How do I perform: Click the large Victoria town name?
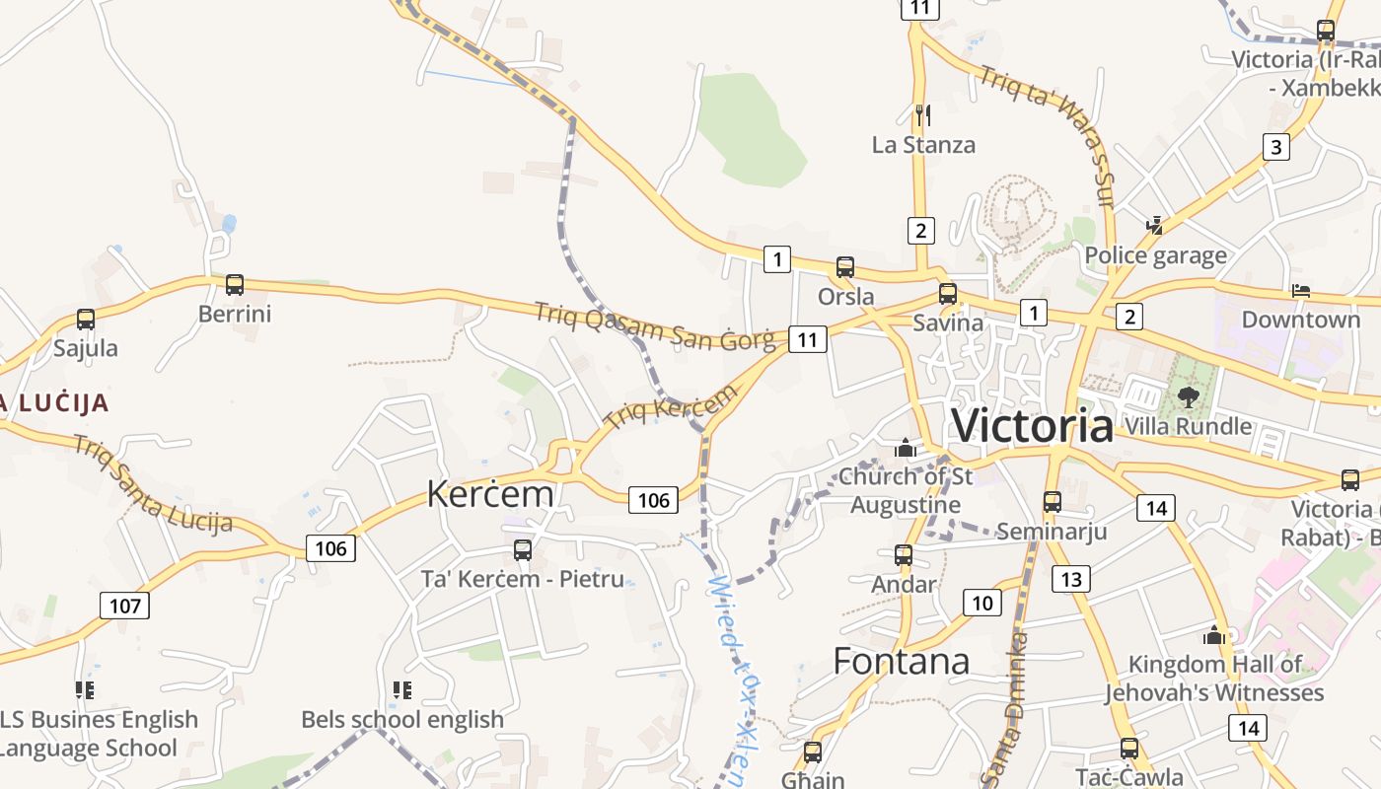pyautogui.click(x=1032, y=426)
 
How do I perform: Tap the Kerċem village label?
pyautogui.click(x=490, y=493)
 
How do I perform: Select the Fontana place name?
pyautogui.click(x=901, y=661)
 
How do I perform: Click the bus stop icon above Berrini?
pyautogui.click(x=234, y=285)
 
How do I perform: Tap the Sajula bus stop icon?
pyautogui.click(x=86, y=320)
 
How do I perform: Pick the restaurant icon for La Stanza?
pyautogui.click(x=922, y=115)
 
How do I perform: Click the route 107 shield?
pyautogui.click(x=125, y=605)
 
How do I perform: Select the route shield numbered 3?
pyautogui.click(x=1276, y=147)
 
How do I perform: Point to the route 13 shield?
pyautogui.click(x=1072, y=579)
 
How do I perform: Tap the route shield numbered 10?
pyautogui.click(x=981, y=603)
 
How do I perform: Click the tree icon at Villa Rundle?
pyautogui.click(x=1188, y=397)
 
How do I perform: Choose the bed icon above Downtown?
pyautogui.click(x=1301, y=291)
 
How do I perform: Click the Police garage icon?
pyautogui.click(x=1155, y=226)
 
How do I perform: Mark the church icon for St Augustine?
pyautogui.click(x=905, y=448)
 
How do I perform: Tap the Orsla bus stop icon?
pyautogui.click(x=845, y=266)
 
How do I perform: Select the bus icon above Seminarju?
pyautogui.click(x=1052, y=501)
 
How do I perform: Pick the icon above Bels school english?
pyautogui.click(x=401, y=689)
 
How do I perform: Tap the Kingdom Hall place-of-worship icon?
pyautogui.click(x=1214, y=635)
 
